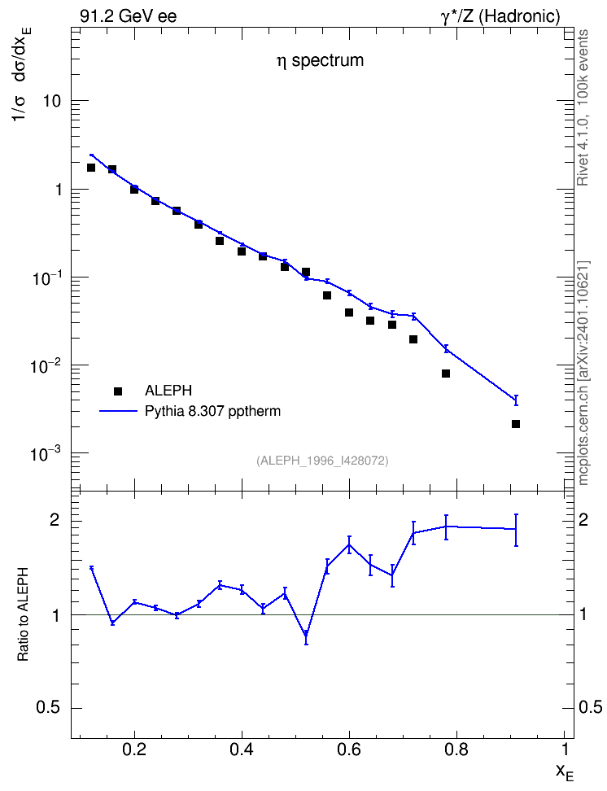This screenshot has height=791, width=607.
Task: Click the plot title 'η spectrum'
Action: (320, 60)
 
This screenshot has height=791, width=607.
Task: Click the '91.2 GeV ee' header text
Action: (129, 16)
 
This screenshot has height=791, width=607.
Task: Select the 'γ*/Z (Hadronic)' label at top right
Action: (500, 16)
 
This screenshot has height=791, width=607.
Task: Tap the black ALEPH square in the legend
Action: (118, 391)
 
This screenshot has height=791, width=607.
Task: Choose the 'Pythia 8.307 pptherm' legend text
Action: (212, 411)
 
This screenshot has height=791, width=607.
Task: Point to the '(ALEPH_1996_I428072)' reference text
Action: (322, 461)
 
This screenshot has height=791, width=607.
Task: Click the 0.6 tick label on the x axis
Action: (349, 749)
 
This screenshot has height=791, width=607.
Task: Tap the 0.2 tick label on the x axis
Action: (134, 749)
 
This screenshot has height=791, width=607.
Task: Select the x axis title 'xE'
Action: (564, 772)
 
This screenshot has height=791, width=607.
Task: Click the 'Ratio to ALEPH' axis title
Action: (23, 614)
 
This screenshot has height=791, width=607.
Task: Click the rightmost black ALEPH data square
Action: (516, 424)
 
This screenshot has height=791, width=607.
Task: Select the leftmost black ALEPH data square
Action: (91, 168)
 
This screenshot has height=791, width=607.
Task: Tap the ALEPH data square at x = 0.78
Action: (446, 374)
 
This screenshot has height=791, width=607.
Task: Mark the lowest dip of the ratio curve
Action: (306, 634)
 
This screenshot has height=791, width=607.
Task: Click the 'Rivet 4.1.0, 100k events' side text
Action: (583, 108)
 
